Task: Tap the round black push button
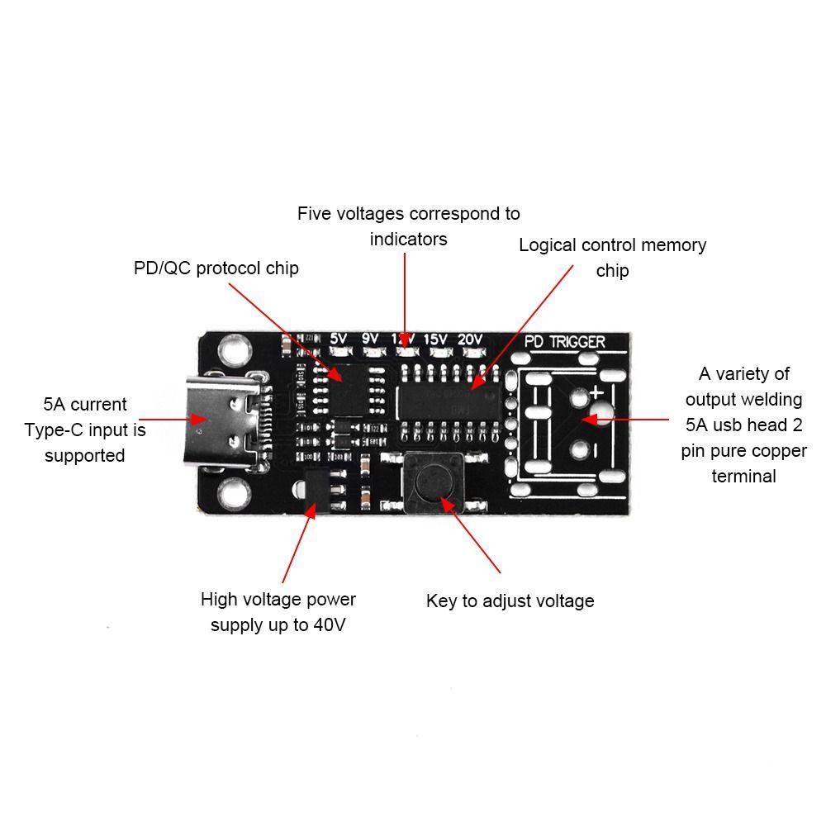pos(433,480)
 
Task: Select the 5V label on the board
pos(338,339)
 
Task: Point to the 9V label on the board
pos(370,339)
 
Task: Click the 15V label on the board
pos(435,339)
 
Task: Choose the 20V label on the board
pos(469,339)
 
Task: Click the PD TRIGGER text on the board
pos(565,341)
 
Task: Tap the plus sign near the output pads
pos(596,394)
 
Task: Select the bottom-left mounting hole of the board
pos(234,495)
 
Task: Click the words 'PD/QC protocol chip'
pos(216,268)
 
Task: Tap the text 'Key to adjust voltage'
pos(510,601)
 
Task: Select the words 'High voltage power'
pos(278,599)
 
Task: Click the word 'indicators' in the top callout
pos(408,240)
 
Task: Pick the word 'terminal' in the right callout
pos(743,476)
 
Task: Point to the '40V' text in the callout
pos(329,624)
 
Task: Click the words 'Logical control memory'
pos(612,245)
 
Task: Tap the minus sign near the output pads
pos(595,449)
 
